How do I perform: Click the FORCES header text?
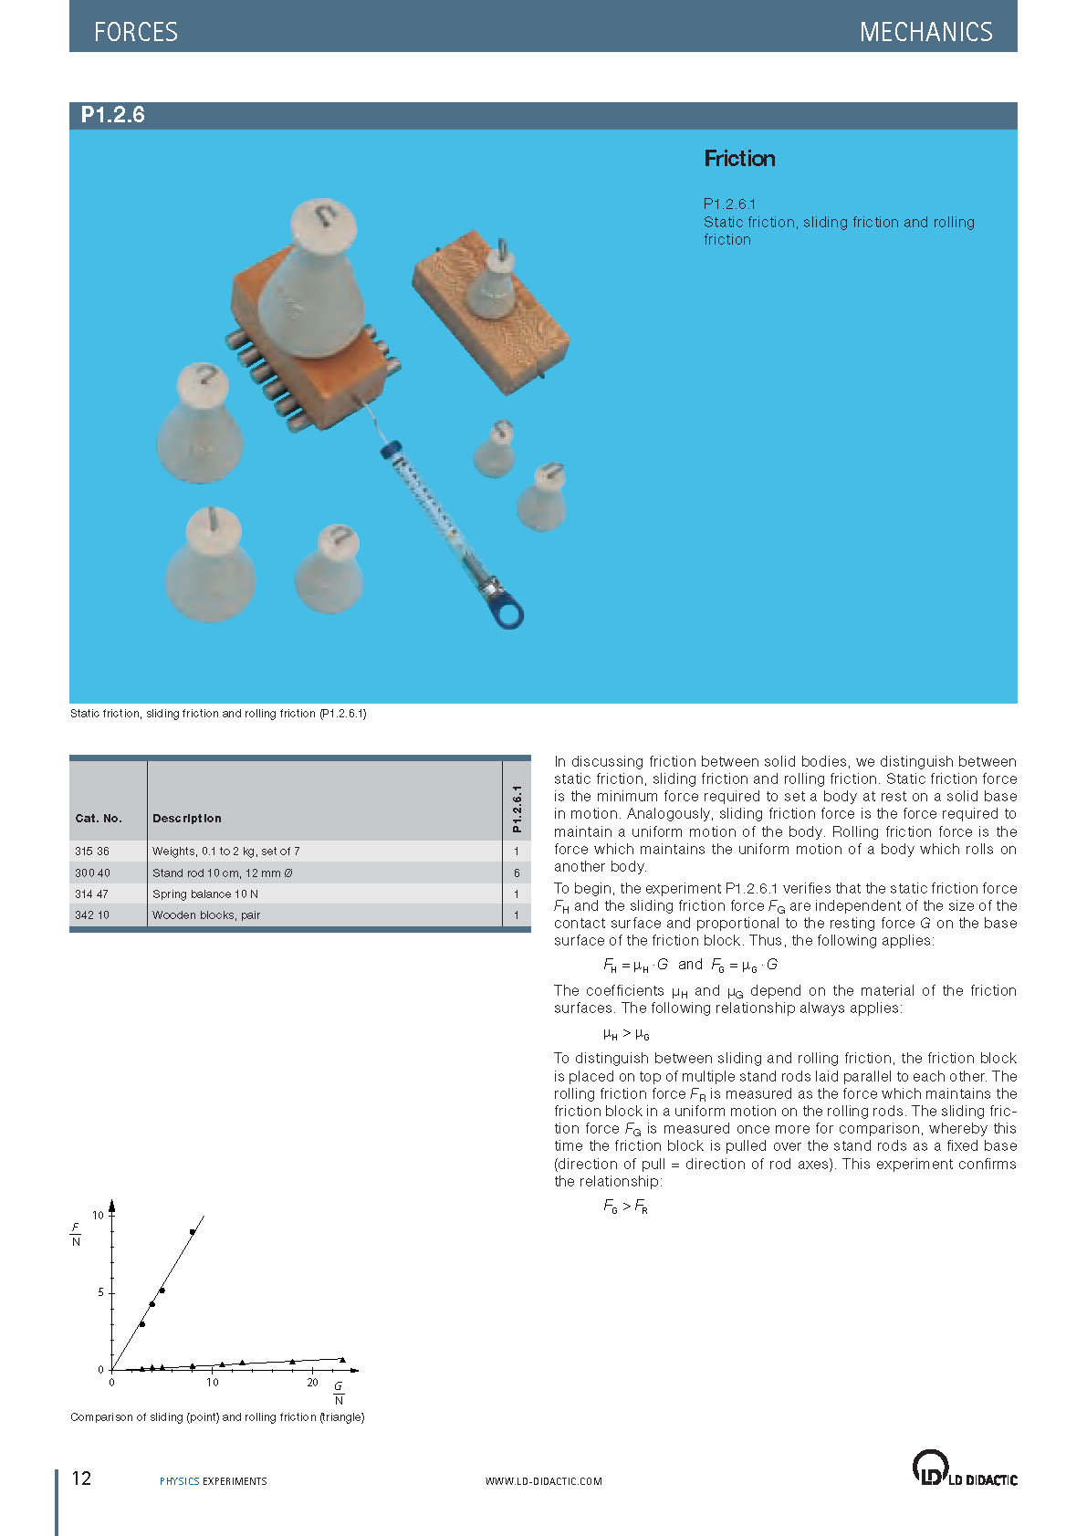(x=136, y=32)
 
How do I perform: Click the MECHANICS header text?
(x=925, y=32)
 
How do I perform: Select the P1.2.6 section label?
(x=113, y=115)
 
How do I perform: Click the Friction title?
(x=739, y=159)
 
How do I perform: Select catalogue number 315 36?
(x=92, y=852)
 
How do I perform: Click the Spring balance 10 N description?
(x=205, y=894)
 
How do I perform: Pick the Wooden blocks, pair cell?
(x=206, y=915)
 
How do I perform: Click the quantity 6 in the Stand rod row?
(x=517, y=873)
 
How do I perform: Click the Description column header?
(x=187, y=819)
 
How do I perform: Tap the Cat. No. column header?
(x=99, y=819)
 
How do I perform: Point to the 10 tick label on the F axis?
(x=98, y=1216)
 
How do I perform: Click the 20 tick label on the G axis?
(x=312, y=1383)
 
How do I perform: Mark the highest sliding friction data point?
(x=193, y=1232)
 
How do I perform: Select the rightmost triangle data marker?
(x=342, y=1360)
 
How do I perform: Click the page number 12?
(x=81, y=1479)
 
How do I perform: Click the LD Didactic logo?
(x=964, y=1468)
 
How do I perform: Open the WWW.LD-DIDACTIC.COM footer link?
(x=543, y=1481)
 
